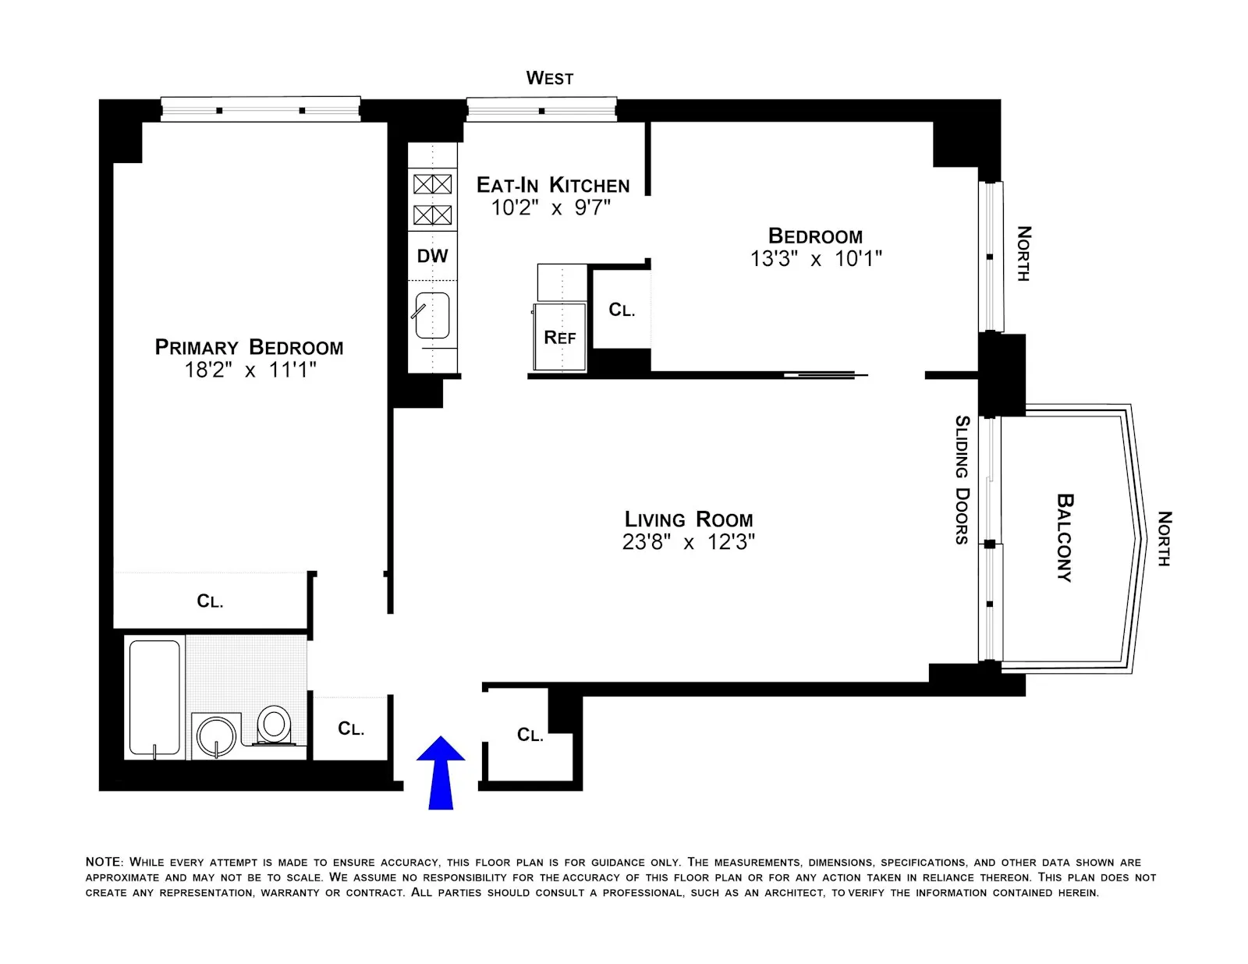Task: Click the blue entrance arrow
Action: pyautogui.click(x=441, y=772)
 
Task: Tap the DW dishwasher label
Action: pyautogui.click(x=432, y=256)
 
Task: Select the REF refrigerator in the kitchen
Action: pyautogui.click(x=559, y=337)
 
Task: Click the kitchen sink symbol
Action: pyautogui.click(x=432, y=315)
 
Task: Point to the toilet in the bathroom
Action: pyautogui.click(x=274, y=725)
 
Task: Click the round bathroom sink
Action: pyautogui.click(x=216, y=735)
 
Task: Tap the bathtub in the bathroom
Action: pyautogui.click(x=154, y=697)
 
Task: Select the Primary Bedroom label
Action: pyautogui.click(x=249, y=347)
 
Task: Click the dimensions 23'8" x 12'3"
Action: pyautogui.click(x=688, y=542)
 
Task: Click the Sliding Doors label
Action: pyautogui.click(x=963, y=480)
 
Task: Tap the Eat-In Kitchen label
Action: pyautogui.click(x=552, y=185)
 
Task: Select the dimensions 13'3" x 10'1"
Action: pyautogui.click(x=815, y=259)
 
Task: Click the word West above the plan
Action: pyautogui.click(x=549, y=78)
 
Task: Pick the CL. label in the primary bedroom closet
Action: pyautogui.click(x=210, y=601)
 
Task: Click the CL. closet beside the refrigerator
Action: pyautogui.click(x=622, y=310)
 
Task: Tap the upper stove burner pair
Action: pyautogui.click(x=432, y=184)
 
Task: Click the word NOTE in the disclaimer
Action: pyautogui.click(x=103, y=862)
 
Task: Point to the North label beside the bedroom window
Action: pyautogui.click(x=1023, y=253)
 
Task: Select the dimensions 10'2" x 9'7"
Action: pyautogui.click(x=550, y=208)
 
